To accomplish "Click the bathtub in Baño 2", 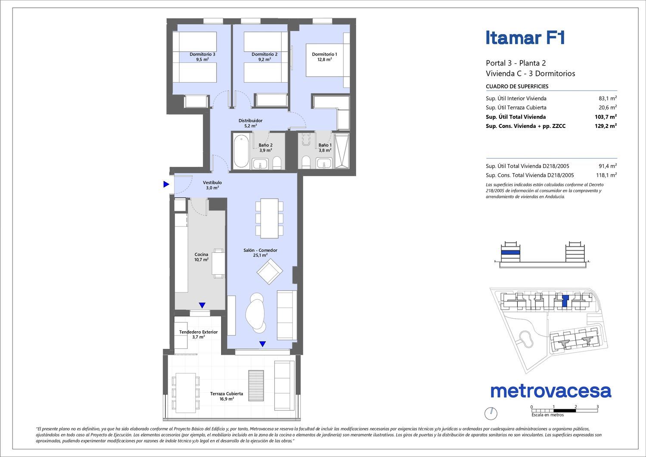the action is pos(241,151).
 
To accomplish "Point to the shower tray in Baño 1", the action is pos(342,151).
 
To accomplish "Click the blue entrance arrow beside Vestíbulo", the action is pos(166,184).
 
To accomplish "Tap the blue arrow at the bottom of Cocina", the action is pos(202,305).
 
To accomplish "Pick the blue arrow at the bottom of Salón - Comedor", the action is pos(262,344).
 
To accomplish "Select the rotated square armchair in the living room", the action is pos(270,271).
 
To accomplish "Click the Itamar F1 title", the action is pos(525,38).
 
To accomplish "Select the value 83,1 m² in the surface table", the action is pos(608,98).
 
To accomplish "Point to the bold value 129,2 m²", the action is pos(606,126).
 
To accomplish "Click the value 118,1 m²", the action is pos(606,175).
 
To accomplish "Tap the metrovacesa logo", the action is pos(551,391).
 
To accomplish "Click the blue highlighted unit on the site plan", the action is pos(565,301).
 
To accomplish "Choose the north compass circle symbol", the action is pos(491,414).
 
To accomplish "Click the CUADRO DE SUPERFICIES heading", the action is pos(517,86).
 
